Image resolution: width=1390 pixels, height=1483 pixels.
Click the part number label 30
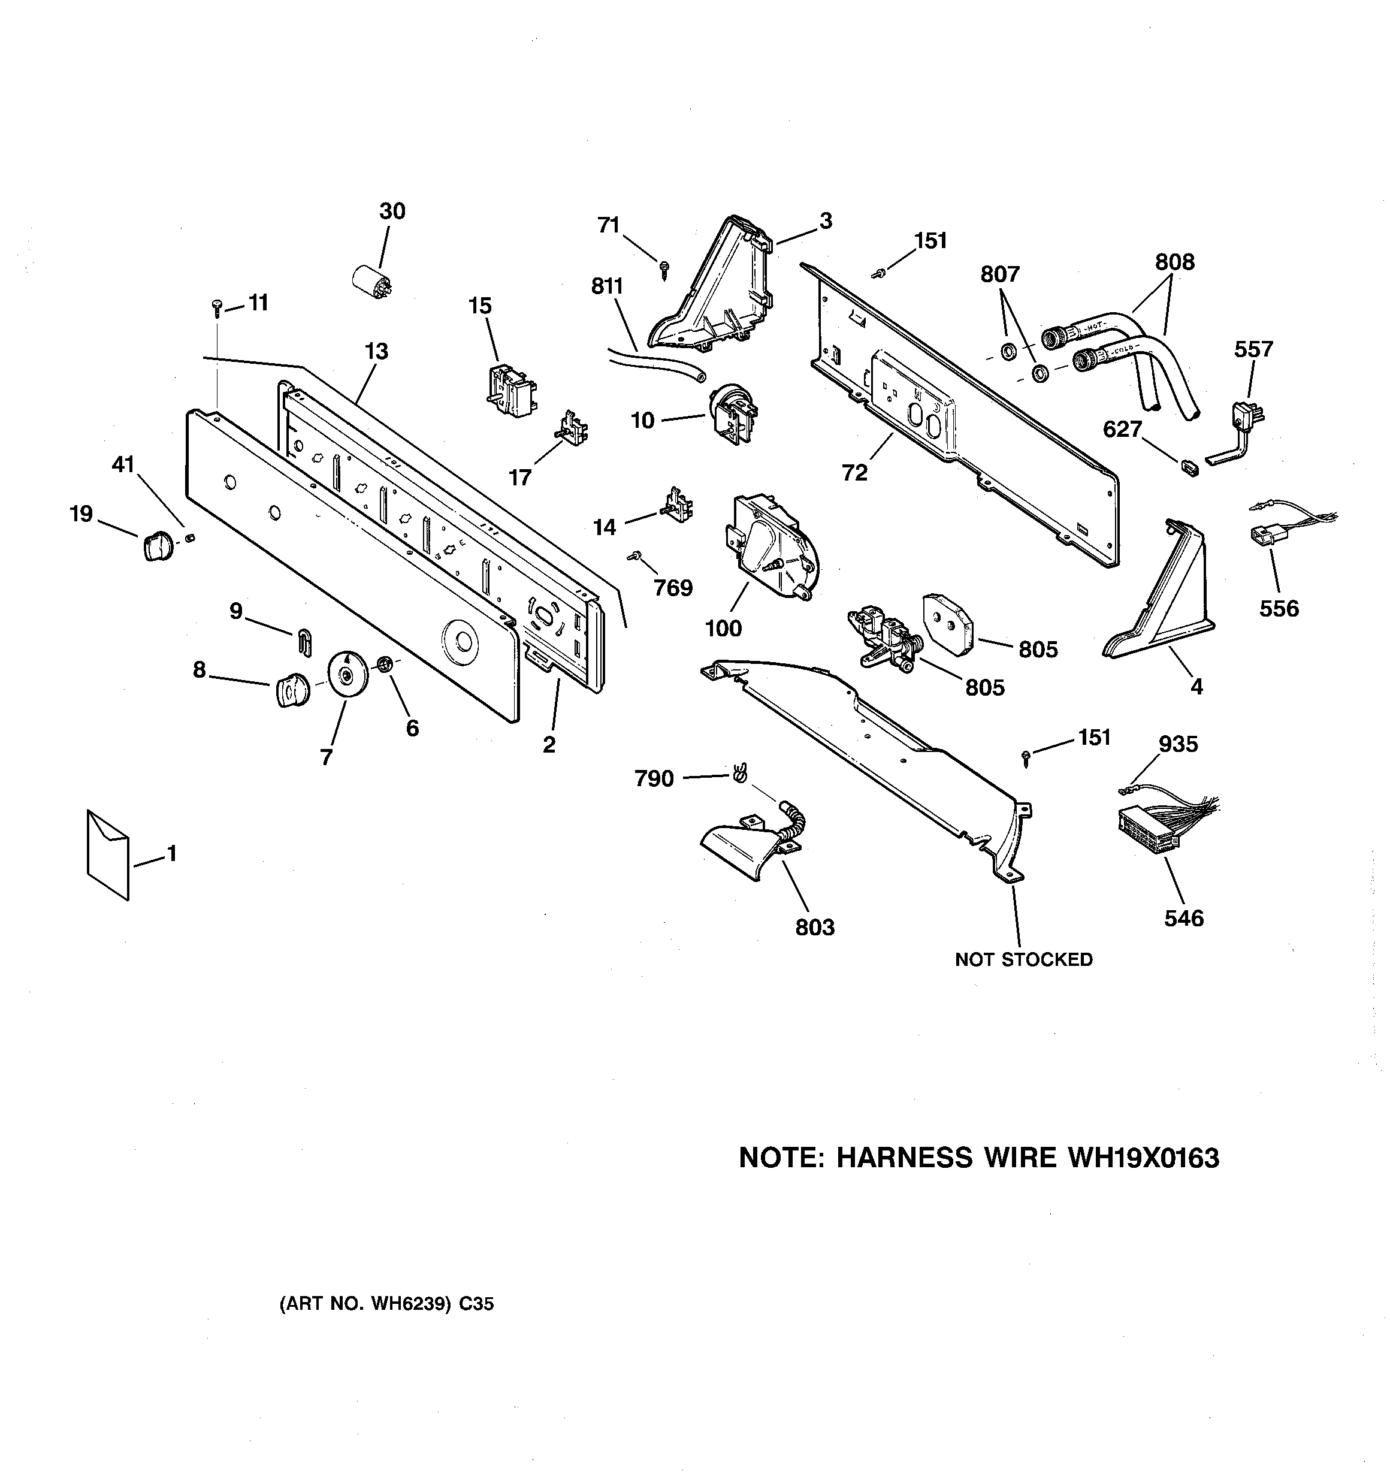(392, 211)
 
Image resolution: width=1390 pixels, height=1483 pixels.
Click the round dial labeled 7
(346, 674)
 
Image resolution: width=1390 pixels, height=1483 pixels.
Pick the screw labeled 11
(217, 305)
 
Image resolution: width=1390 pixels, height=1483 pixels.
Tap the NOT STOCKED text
(1024, 959)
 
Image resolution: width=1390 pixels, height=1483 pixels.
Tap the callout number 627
(1122, 429)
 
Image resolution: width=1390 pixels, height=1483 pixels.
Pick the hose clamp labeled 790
(739, 773)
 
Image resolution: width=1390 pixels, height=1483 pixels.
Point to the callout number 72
(855, 472)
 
